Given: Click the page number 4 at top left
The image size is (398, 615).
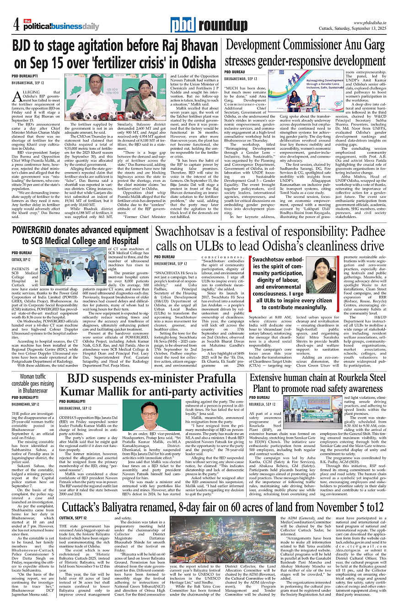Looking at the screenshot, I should [x=16, y=23].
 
